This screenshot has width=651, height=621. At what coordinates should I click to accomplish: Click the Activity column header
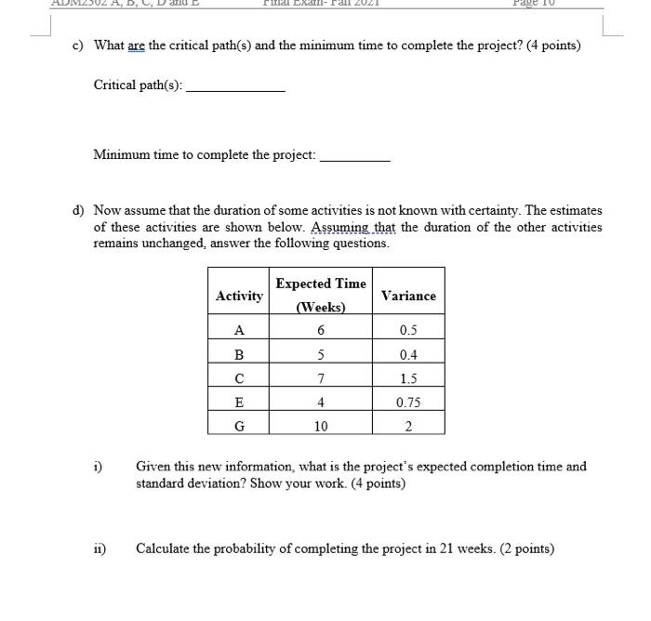click(239, 296)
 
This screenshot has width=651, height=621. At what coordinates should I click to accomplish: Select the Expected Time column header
click(321, 295)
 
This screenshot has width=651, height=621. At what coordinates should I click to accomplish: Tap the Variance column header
click(408, 296)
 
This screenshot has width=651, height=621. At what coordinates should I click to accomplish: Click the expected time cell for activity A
click(321, 330)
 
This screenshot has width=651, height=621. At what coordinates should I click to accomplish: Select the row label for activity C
click(239, 378)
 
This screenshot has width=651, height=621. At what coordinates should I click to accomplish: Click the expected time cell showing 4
click(321, 403)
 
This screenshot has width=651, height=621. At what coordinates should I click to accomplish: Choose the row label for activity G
click(239, 427)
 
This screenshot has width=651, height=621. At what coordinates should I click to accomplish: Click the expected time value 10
click(321, 427)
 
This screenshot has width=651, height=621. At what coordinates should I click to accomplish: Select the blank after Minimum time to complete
click(354, 156)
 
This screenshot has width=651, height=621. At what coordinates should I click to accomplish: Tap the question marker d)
click(79, 211)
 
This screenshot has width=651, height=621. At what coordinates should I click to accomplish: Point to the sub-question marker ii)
click(99, 548)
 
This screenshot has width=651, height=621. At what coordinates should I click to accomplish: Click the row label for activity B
click(239, 354)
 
